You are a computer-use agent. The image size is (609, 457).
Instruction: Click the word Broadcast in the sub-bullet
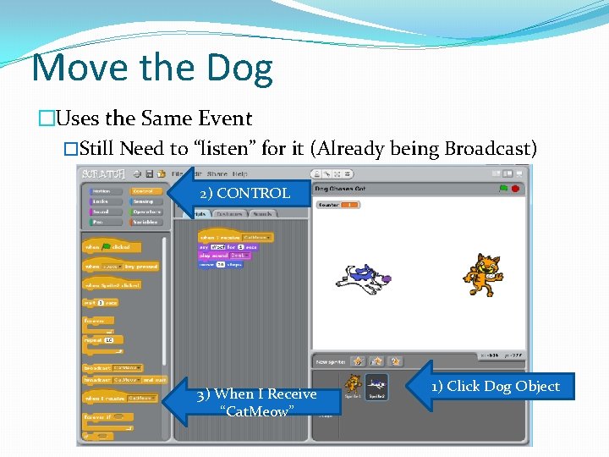(x=490, y=149)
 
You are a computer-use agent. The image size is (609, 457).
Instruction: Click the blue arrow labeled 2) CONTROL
(x=236, y=193)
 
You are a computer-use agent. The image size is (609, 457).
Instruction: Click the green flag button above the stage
(x=503, y=188)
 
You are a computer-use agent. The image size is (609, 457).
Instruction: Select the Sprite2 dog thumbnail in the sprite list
(x=376, y=385)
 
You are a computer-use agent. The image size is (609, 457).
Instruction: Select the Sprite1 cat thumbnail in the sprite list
(x=353, y=385)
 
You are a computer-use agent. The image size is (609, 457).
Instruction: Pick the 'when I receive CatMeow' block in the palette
(x=118, y=398)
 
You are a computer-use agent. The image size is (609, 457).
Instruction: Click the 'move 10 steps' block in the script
(x=220, y=264)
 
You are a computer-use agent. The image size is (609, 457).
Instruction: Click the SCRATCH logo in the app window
(x=102, y=173)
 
